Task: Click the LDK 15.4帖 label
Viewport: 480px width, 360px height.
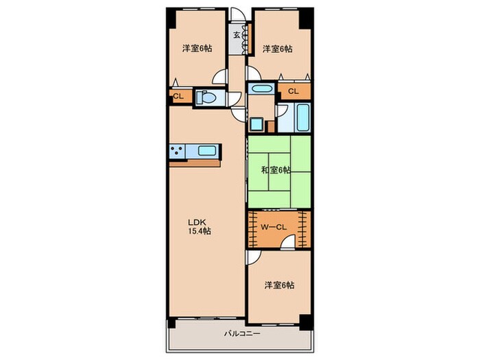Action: pyautogui.click(x=199, y=226)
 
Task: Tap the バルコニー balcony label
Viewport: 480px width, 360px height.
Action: pyautogui.click(x=242, y=333)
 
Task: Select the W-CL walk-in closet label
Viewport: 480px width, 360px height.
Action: pyautogui.click(x=274, y=227)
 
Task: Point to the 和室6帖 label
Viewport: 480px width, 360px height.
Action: pyautogui.click(x=276, y=170)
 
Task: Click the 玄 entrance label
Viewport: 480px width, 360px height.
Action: pyautogui.click(x=237, y=35)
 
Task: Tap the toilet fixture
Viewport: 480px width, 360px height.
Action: pyautogui.click(x=206, y=97)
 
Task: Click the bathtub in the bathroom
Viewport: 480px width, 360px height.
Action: pyautogui.click(x=303, y=117)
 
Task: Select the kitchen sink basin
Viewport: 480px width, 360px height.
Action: pyautogui.click(x=208, y=151)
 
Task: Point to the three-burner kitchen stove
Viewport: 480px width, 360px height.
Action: pyautogui.click(x=177, y=152)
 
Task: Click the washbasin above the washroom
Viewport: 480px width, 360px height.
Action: pyautogui.click(x=261, y=89)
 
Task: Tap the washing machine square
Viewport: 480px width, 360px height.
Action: pyautogui.click(x=256, y=124)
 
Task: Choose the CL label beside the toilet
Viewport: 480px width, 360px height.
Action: pyautogui.click(x=178, y=97)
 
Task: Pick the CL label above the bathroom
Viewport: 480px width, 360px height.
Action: pyautogui.click(x=293, y=91)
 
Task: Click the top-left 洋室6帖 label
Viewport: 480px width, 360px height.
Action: pyautogui.click(x=197, y=49)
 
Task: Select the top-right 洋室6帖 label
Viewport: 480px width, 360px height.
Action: pyautogui.click(x=277, y=49)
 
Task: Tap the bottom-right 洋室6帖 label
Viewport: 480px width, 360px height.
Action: pyautogui.click(x=280, y=285)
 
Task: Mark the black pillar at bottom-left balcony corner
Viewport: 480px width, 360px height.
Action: pyautogui.click(x=171, y=323)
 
